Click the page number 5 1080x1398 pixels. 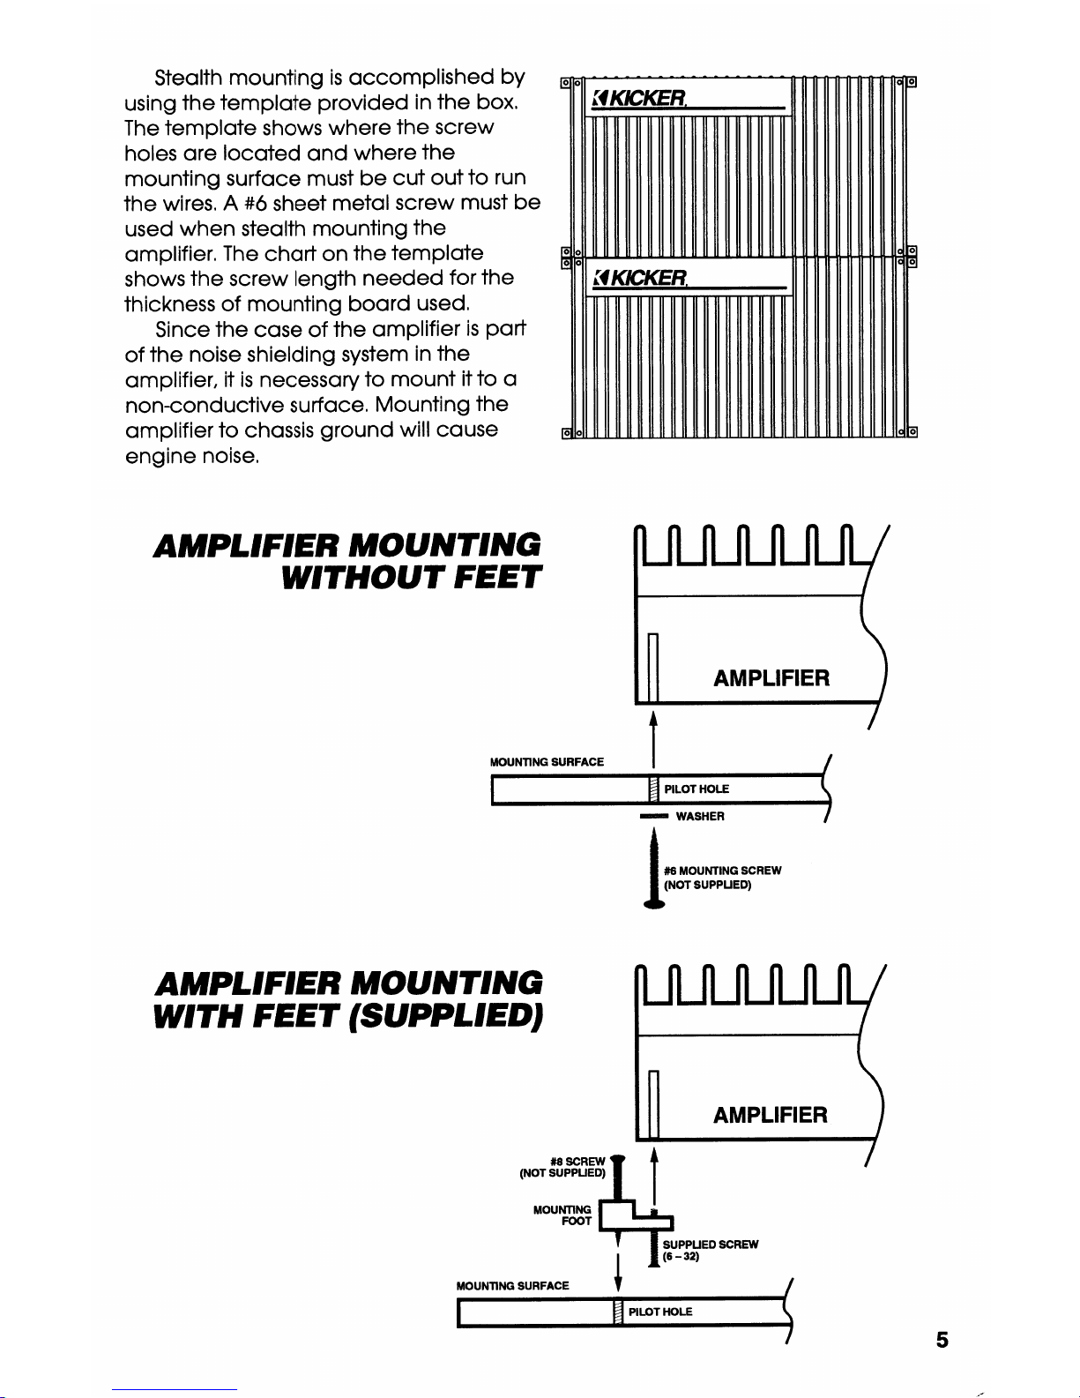coord(942,1341)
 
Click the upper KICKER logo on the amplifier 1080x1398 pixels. coord(641,97)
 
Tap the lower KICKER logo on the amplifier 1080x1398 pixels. coord(641,278)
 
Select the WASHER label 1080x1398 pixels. coord(700,817)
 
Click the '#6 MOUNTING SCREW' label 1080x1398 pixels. coord(722,871)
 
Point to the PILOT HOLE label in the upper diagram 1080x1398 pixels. coord(696,789)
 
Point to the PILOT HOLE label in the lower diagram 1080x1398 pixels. coord(660,1312)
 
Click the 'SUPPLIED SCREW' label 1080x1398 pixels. coord(711,1245)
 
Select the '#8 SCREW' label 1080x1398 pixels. coord(577,1162)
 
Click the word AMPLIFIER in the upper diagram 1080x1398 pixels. coord(771,678)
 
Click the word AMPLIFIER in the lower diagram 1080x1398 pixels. coord(771,1116)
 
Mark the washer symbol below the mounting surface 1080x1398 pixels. coord(654,818)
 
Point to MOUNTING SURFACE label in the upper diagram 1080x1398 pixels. coord(547,762)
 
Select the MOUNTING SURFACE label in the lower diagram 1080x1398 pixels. coord(513,1286)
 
